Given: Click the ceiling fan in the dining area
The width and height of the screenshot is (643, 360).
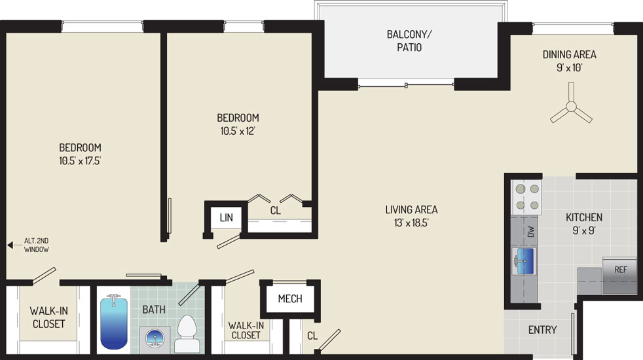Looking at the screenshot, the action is (x=571, y=107).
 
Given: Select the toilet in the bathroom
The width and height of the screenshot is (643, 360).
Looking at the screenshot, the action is (x=187, y=334).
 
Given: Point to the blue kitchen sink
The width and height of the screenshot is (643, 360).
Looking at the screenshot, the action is (x=524, y=261).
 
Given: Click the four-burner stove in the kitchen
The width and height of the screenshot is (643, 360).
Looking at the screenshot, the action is (x=526, y=197).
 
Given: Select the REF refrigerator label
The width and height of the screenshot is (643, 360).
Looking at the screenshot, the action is (x=621, y=270).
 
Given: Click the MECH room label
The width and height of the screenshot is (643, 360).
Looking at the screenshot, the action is (x=290, y=298).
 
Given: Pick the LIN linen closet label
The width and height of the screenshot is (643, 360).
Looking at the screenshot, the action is (x=226, y=218).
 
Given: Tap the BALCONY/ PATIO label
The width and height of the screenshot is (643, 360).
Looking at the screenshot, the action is (x=409, y=41).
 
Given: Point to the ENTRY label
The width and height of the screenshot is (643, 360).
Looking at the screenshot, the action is (x=542, y=330).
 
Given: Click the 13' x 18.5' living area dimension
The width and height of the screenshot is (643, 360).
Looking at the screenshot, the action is (x=411, y=223).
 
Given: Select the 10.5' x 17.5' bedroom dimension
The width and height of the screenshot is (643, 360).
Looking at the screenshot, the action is (x=80, y=161).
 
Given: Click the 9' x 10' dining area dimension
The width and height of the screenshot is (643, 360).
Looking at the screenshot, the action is (x=569, y=67).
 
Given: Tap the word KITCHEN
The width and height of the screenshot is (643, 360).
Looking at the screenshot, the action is (x=584, y=217).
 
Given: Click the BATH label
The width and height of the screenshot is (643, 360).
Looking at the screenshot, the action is (x=154, y=310).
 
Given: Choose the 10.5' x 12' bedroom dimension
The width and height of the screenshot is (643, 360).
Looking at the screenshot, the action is (x=238, y=131).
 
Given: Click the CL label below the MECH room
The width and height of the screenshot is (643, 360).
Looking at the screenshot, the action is (x=312, y=336).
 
